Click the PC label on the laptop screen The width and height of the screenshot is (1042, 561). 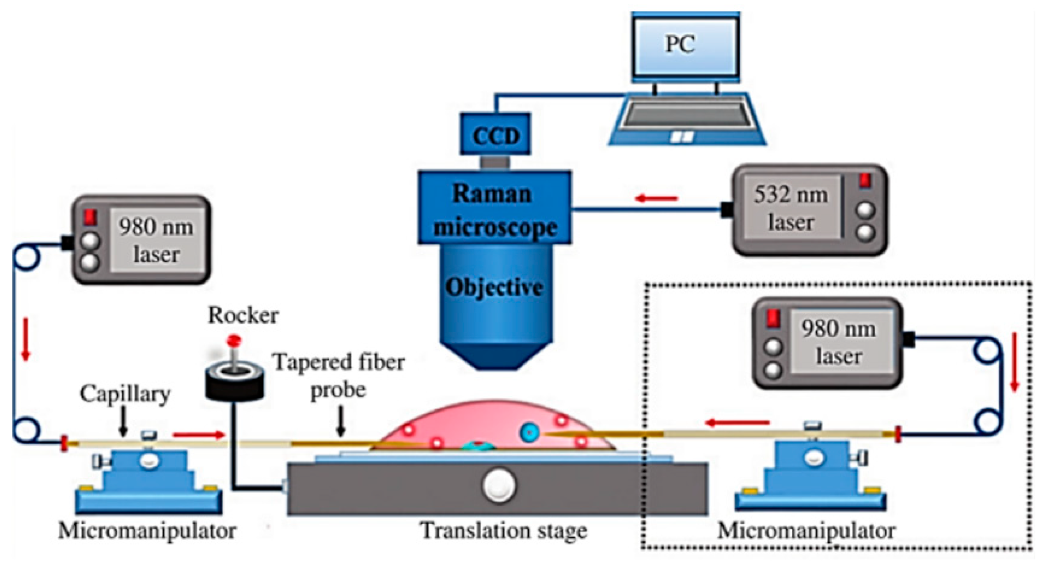click(680, 44)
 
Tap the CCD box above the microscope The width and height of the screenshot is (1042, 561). click(495, 135)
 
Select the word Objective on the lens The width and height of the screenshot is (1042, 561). click(494, 287)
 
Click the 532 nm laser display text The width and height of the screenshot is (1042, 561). click(790, 208)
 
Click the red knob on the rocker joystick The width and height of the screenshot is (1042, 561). click(233, 340)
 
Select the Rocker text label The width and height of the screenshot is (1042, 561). click(243, 315)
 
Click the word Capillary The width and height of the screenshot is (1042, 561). click(125, 393)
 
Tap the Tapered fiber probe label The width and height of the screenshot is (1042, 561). click(338, 375)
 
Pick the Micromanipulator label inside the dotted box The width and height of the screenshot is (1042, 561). click(806, 530)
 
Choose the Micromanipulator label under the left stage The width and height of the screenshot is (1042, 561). click(147, 530)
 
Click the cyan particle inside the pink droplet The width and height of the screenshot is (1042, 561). click(528, 432)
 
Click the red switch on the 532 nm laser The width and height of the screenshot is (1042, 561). click(865, 181)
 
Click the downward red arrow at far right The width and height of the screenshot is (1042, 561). click(1015, 363)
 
